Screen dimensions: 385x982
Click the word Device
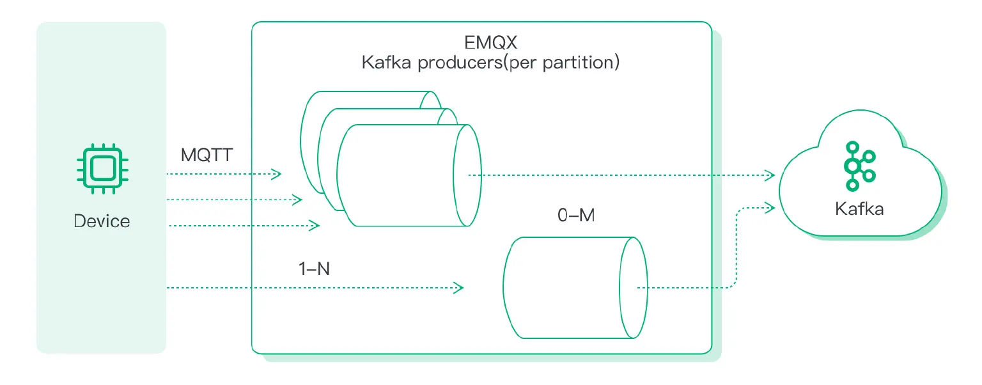click(102, 221)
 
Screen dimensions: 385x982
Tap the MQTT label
click(207, 155)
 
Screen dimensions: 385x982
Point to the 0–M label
click(575, 216)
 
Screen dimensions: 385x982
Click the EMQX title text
click(490, 43)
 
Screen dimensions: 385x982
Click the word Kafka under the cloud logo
click(859, 208)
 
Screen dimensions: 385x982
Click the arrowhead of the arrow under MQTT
click(276, 174)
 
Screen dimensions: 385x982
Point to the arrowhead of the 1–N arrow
click(458, 288)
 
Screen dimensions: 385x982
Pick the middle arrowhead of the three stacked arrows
click(296, 200)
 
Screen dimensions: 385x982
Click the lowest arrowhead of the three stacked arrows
click(315, 225)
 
